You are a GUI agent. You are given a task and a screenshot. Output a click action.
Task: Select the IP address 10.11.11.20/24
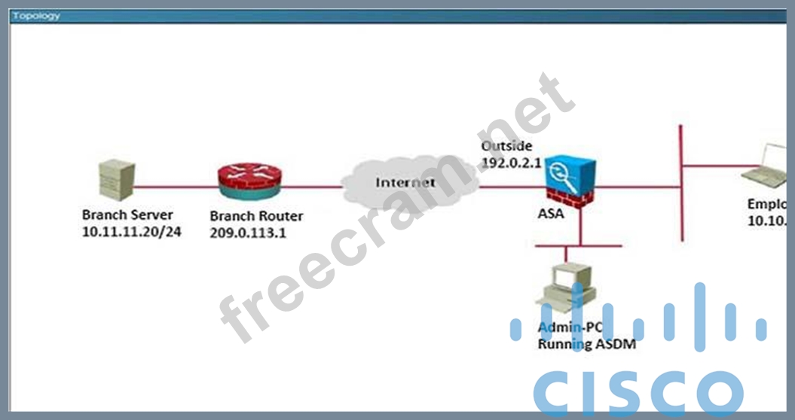[131, 232]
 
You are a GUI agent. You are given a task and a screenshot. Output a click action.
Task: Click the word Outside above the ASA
[506, 146]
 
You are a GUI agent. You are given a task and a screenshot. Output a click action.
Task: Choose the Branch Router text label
[256, 216]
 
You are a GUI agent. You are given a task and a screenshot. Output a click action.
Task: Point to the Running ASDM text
[586, 344]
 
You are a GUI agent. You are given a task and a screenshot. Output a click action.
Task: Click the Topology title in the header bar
[35, 16]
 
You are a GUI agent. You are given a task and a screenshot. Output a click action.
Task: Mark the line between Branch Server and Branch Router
[176, 185]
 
